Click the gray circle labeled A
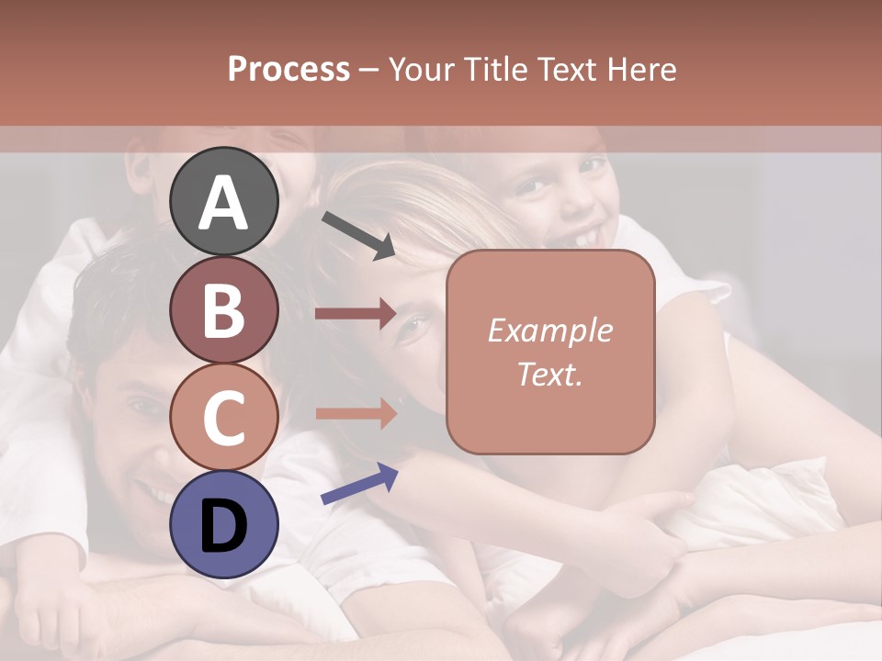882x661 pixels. [223, 202]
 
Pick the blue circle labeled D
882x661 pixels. [223, 524]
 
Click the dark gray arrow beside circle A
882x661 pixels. [358, 234]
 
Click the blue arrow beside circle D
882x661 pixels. [359, 484]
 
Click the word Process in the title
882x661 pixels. [288, 69]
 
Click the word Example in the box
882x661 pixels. [549, 330]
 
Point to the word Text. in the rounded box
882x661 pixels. [549, 374]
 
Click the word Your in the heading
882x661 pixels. [421, 69]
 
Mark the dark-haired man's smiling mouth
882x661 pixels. [155, 497]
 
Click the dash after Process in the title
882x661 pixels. [368, 70]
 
